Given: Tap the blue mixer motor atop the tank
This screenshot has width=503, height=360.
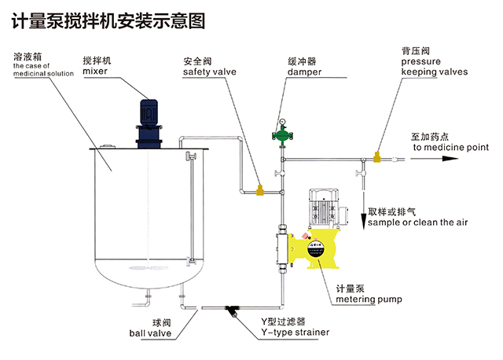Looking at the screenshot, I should [149, 118].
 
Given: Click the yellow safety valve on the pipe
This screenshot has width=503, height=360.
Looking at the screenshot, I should [259, 189].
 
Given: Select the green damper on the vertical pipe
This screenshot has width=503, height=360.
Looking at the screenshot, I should [278, 134].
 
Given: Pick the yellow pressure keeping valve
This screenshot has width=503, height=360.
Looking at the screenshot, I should [376, 157].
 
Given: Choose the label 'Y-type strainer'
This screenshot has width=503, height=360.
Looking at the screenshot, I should [296, 332].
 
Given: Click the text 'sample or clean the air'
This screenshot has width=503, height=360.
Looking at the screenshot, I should [417, 223].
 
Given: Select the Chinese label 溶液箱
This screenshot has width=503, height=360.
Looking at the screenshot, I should [28, 57].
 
